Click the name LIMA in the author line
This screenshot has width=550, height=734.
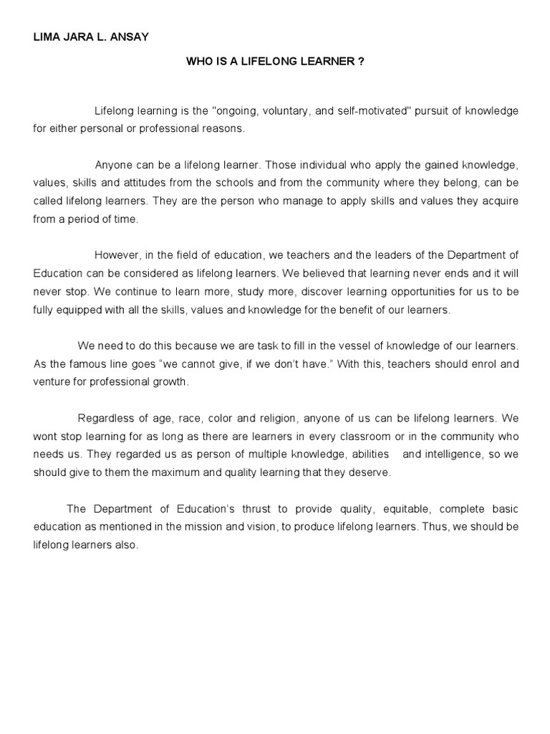pos(47,37)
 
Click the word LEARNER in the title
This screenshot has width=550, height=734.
pos(327,62)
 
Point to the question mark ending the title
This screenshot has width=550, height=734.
pos(361,62)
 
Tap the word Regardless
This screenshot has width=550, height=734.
pos(105,418)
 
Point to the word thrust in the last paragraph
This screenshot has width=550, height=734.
pos(253,509)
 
